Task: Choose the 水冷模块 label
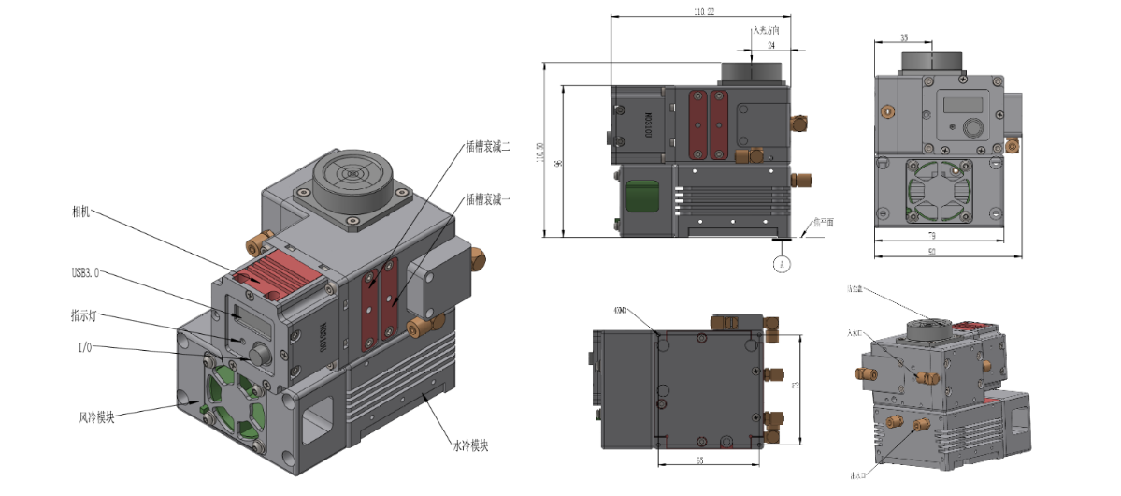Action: pyautogui.click(x=466, y=445)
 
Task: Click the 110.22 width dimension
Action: pyautogui.click(x=697, y=11)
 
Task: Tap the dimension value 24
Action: pyautogui.click(x=770, y=45)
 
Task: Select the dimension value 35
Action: pyautogui.click(x=903, y=37)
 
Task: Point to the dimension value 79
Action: pyautogui.click(x=944, y=237)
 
